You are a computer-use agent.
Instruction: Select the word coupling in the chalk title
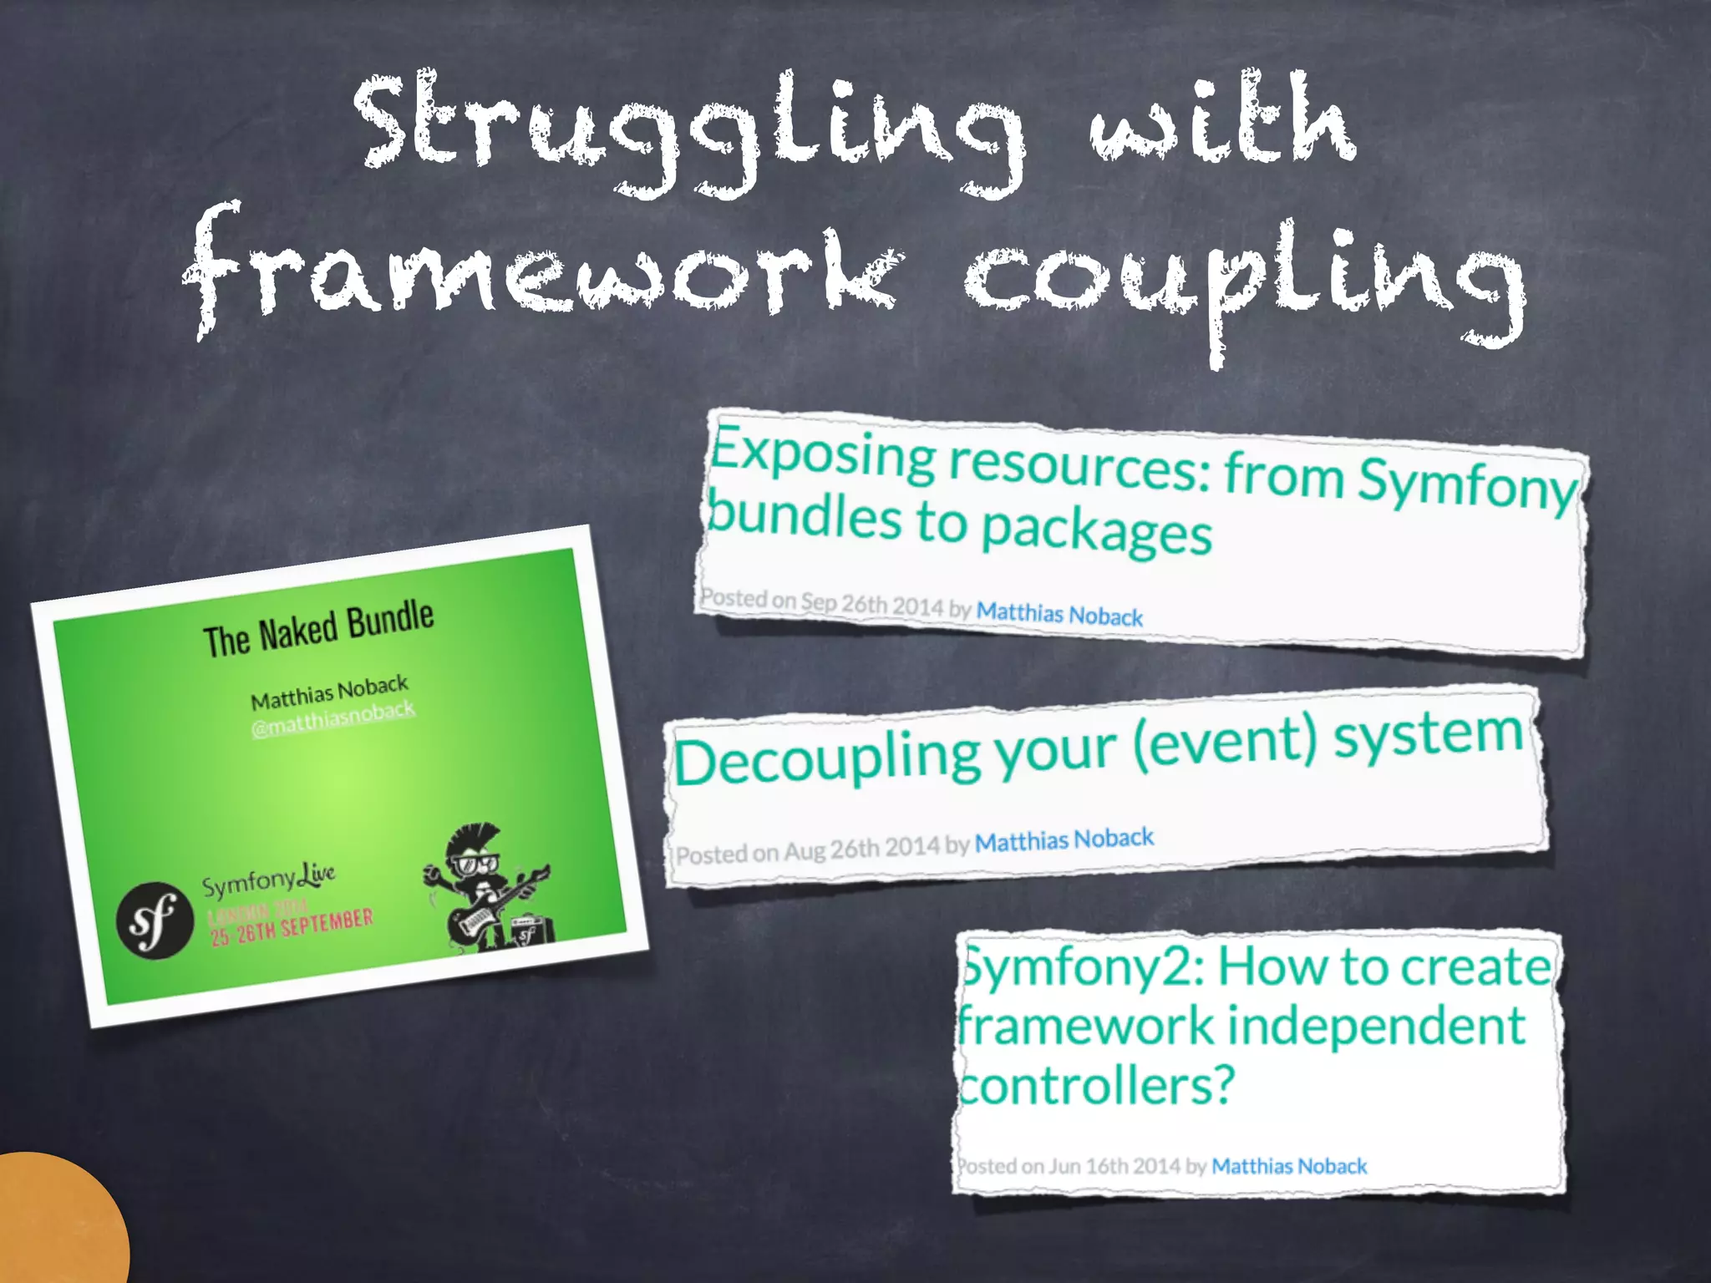point(1245,280)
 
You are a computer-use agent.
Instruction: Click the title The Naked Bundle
point(318,628)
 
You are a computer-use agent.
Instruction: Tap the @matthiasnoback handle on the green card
point(333,718)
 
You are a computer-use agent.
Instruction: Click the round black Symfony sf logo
point(155,920)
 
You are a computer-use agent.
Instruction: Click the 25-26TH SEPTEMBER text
point(292,925)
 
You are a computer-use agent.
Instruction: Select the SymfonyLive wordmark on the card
point(268,880)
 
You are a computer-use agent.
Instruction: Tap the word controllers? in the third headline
point(1095,1086)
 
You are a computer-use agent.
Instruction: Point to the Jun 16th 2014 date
point(1114,1165)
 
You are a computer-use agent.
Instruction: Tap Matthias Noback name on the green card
point(329,692)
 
